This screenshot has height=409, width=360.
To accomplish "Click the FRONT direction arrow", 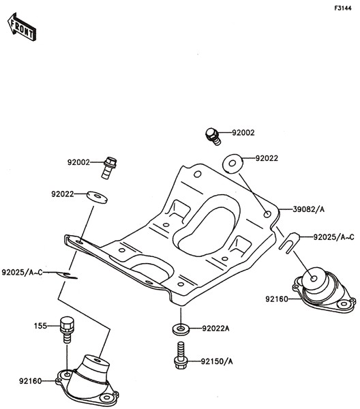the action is click(x=22, y=27).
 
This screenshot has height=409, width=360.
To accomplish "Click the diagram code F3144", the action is click(x=343, y=8).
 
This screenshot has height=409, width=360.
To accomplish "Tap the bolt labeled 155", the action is click(x=67, y=330).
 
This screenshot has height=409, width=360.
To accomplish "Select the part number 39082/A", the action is click(x=309, y=209).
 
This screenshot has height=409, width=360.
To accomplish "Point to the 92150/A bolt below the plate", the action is click(x=180, y=356).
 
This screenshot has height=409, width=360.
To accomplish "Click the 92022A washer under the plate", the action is click(x=181, y=329).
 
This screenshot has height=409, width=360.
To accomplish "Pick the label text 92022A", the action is click(x=215, y=329).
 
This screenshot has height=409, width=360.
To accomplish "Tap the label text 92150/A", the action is click(x=217, y=361).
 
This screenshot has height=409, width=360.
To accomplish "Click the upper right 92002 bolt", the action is click(x=213, y=136).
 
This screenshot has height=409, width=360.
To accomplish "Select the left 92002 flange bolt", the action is click(x=109, y=168).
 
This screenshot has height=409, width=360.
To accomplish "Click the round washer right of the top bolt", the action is click(x=232, y=164).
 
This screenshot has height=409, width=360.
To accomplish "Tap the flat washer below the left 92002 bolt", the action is click(x=97, y=197).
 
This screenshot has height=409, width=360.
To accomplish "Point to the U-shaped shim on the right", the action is click(x=289, y=243).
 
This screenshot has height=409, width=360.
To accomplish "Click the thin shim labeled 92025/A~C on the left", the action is click(x=67, y=275).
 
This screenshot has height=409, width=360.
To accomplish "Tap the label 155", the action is click(x=40, y=326).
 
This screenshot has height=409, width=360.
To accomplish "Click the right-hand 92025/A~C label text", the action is click(x=333, y=237).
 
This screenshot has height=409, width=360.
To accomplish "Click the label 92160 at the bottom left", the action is click(x=30, y=381).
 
